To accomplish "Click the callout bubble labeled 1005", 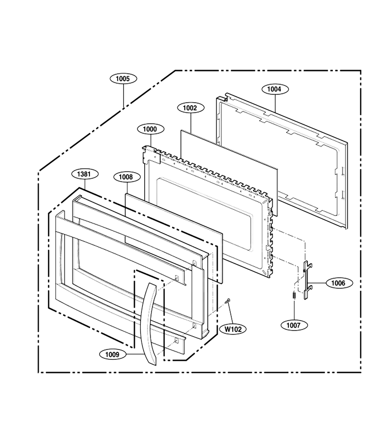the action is click(x=123, y=79).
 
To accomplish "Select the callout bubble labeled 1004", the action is click(x=275, y=89).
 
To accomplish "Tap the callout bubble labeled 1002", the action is click(x=191, y=108).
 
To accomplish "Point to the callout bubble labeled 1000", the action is click(x=151, y=129).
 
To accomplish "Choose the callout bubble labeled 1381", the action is click(x=84, y=174).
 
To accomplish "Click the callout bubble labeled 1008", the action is click(x=127, y=177).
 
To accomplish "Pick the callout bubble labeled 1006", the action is click(x=339, y=283).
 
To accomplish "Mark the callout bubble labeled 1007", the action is click(x=294, y=325).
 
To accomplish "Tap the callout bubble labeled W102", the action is click(x=233, y=329).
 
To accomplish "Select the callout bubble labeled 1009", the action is click(x=112, y=355).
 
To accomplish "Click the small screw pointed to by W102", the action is click(x=227, y=301).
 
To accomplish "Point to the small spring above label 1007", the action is click(x=294, y=295).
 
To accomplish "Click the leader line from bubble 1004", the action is click(x=275, y=104).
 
